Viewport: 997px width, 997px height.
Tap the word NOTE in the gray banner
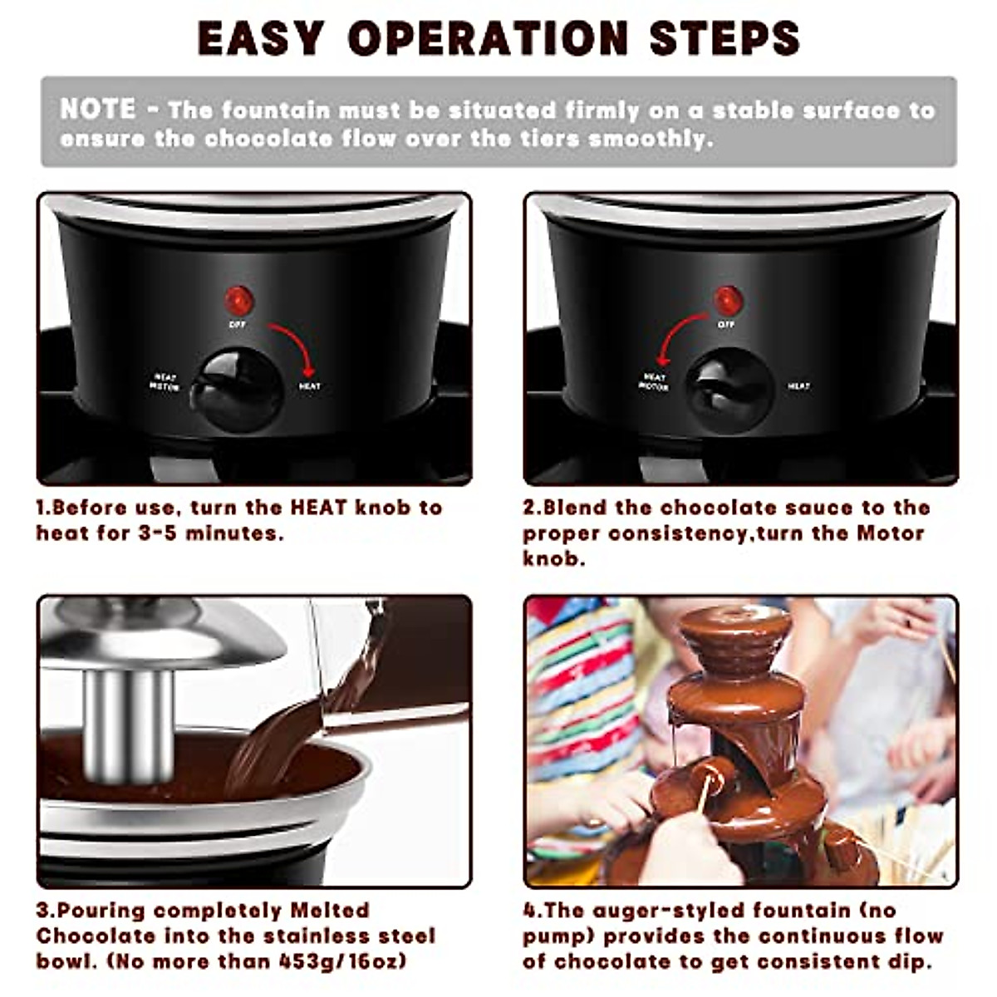pos(98,109)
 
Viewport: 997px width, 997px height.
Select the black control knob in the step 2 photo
pos(730,390)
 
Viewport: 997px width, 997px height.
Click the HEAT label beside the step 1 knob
pos(309,386)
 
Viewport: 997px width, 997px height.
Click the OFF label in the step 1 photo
pos(238,324)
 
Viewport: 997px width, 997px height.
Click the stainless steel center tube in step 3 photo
pos(128,723)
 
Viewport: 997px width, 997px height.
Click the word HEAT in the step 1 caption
pos(318,508)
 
